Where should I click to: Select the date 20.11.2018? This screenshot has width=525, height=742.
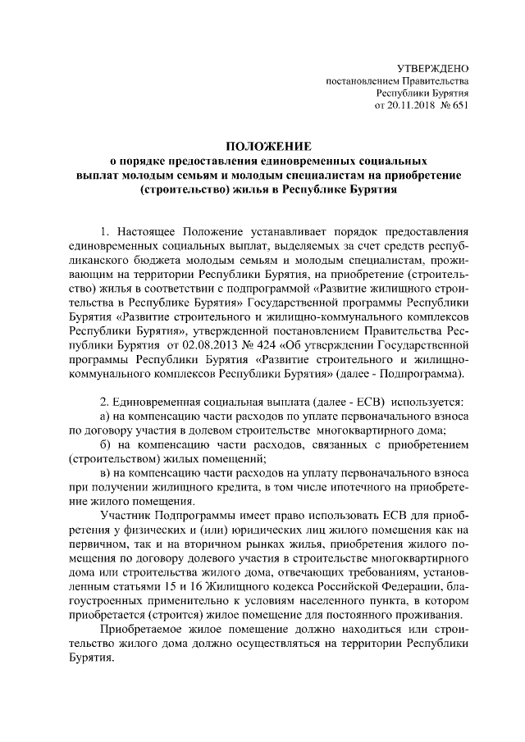412,107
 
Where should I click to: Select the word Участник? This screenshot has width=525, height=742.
126,517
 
